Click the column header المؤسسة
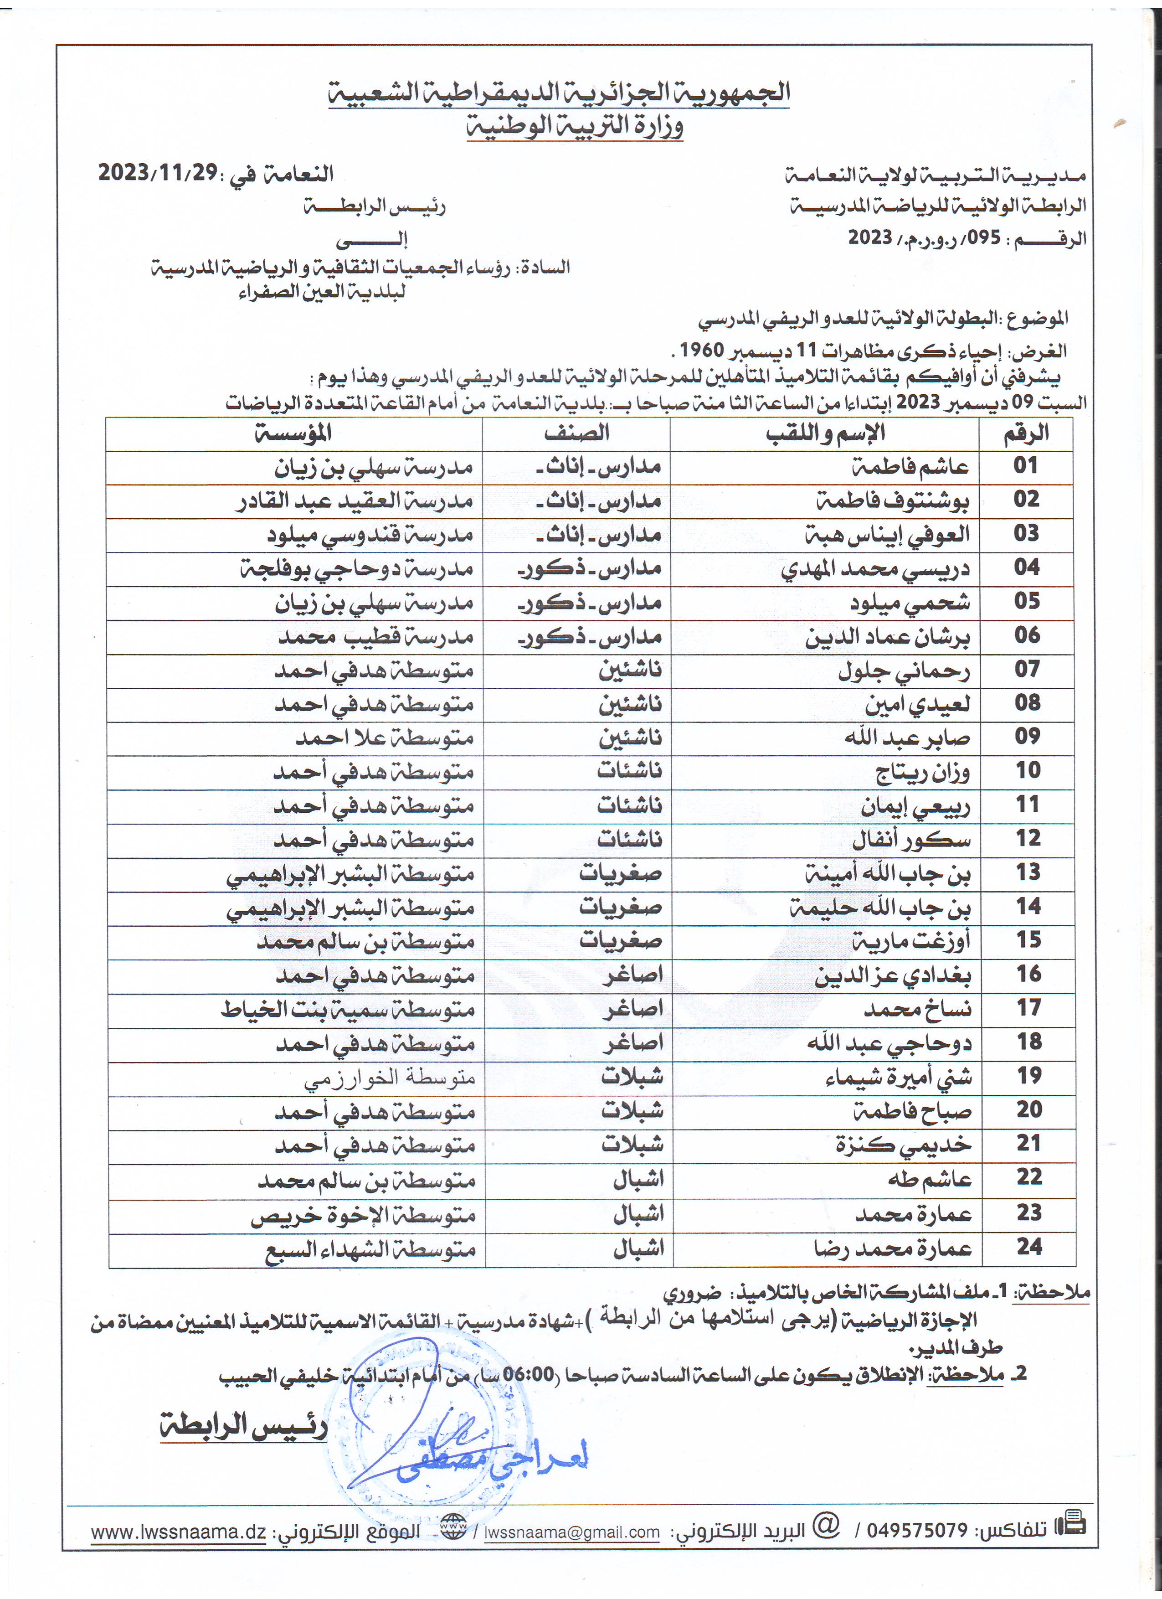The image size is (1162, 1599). (293, 433)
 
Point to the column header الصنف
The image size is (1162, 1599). (576, 433)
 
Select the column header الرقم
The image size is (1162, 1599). (1026, 433)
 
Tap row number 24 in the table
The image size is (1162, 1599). (1029, 1247)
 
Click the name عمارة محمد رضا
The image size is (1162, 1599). (892, 1248)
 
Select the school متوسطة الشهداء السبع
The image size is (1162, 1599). (370, 1248)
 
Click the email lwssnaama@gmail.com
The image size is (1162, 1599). (571, 1532)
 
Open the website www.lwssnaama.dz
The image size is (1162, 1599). (178, 1532)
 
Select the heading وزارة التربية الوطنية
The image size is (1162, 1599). (575, 127)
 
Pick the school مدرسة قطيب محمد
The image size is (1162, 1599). (375, 637)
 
